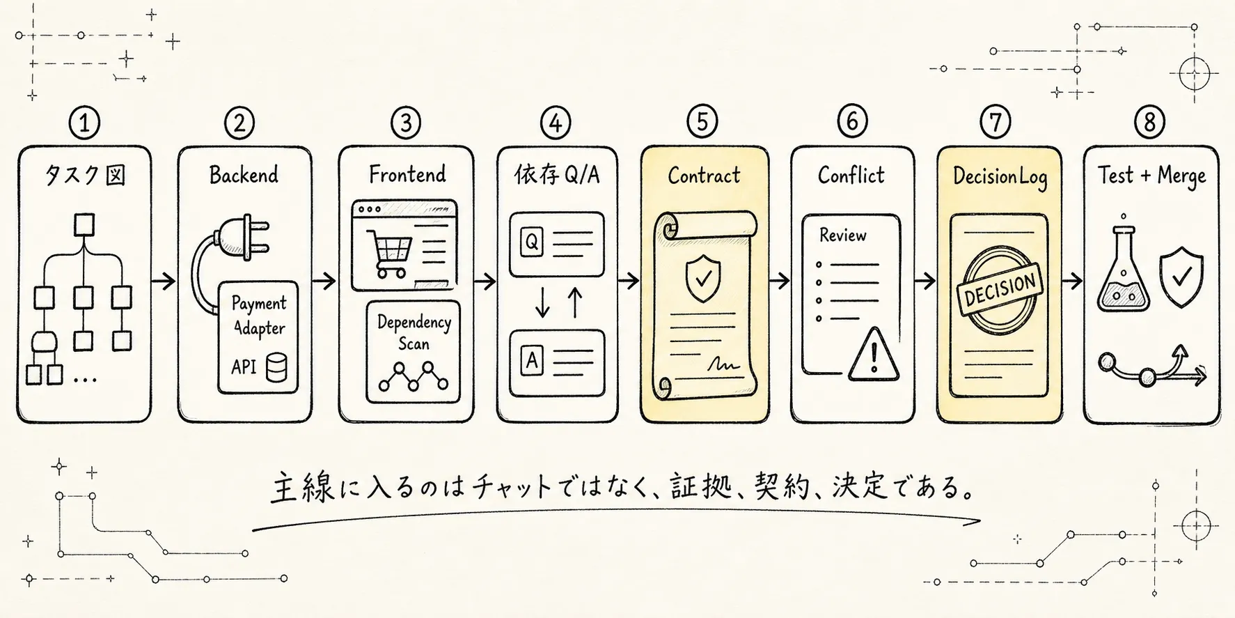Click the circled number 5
click(702, 123)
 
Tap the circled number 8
click(1149, 123)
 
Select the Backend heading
click(244, 174)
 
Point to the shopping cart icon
click(388, 254)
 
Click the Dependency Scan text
click(414, 332)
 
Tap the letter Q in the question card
click(531, 242)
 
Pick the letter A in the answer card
click(532, 361)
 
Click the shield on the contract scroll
click(703, 277)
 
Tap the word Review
click(842, 235)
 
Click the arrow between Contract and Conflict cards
click(780, 281)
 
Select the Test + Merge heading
click(1152, 176)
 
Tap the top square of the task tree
click(84, 226)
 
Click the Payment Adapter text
click(259, 316)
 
